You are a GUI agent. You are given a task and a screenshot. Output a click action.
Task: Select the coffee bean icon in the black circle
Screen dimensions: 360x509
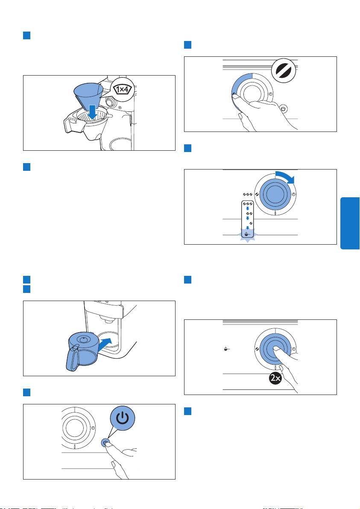point(284,70)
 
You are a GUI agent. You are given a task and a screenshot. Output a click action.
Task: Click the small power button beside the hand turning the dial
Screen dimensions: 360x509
point(283,109)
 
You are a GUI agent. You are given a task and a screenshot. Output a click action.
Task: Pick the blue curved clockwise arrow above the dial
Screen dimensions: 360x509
point(285,177)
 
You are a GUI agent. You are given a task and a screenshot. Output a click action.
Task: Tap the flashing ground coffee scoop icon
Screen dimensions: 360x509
point(248,234)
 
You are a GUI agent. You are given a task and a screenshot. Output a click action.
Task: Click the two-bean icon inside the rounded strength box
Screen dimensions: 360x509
point(249,214)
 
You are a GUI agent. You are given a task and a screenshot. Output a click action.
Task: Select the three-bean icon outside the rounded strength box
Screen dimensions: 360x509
point(248,194)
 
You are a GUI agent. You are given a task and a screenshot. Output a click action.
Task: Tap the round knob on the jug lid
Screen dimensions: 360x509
point(84,339)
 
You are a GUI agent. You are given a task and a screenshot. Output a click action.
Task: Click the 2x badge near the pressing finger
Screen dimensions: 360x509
point(275,378)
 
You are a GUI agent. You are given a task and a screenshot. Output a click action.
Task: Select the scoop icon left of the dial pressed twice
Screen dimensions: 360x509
point(227,349)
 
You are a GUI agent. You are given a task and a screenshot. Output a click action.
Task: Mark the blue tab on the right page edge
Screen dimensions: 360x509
point(350,223)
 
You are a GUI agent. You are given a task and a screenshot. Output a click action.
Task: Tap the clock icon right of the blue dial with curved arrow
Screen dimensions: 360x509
point(293,194)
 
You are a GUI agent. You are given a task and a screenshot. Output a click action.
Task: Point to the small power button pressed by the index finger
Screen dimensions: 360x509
point(105,442)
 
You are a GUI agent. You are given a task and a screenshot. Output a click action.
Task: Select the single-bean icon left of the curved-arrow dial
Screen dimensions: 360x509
point(257,194)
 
